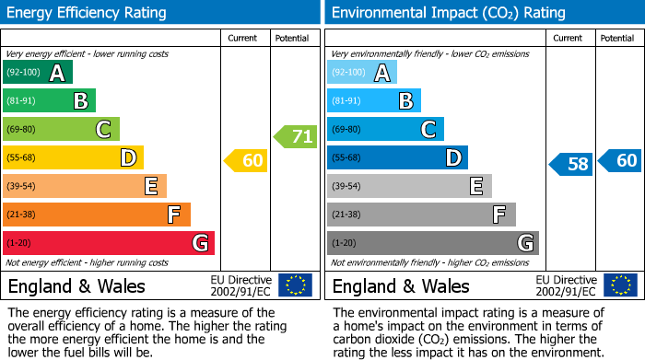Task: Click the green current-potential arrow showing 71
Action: (296, 137)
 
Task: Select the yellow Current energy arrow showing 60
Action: (246, 161)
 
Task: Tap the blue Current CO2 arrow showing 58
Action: (570, 165)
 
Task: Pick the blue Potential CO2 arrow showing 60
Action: (619, 161)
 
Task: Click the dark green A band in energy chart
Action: (38, 73)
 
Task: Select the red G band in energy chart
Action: (109, 243)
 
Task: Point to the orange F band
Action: (97, 215)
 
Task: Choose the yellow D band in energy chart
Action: (73, 158)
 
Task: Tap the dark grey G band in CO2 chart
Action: (433, 243)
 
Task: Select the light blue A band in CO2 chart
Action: (362, 73)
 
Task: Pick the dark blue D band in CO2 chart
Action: (397, 158)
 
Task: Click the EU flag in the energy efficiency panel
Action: (295, 285)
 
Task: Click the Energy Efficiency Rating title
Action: (88, 13)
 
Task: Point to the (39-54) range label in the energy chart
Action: (23, 187)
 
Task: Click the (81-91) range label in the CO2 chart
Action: (347, 101)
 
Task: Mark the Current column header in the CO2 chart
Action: (569, 38)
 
